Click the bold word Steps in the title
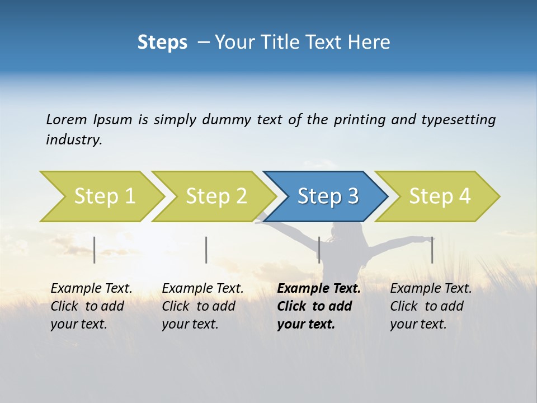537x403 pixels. pos(162,43)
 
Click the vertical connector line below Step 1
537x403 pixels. pos(95,250)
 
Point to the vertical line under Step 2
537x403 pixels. pos(206,250)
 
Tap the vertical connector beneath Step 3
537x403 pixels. pos(319,250)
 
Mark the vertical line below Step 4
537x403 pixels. pos(432,250)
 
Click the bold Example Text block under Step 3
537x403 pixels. pos(318,306)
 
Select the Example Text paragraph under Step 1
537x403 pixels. pos(91,306)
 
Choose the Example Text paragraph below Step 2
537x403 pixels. pos(202,306)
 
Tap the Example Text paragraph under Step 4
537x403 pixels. pos(431,306)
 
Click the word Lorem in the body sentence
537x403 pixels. pos(67,120)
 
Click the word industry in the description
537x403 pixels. pos(73,140)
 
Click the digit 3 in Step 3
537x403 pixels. pos(353,196)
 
